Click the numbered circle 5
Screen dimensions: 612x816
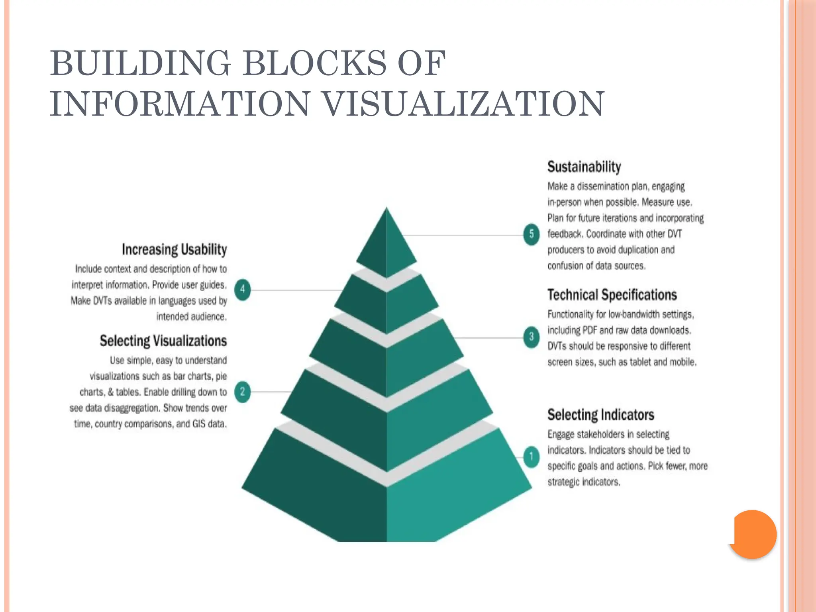point(531,234)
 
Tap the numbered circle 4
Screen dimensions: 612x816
point(242,289)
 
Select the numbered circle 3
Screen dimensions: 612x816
point(531,337)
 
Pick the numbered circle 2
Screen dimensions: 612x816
point(242,392)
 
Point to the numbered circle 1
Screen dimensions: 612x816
point(531,457)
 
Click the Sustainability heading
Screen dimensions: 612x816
point(584,167)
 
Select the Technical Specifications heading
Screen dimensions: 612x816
point(612,295)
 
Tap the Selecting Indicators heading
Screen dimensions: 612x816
point(600,415)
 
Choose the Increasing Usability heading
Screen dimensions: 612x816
point(174,249)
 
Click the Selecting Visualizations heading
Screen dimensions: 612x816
point(163,341)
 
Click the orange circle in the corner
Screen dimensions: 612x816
point(753,534)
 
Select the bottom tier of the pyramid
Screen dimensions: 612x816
point(386,502)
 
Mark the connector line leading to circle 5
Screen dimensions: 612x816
point(462,235)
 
